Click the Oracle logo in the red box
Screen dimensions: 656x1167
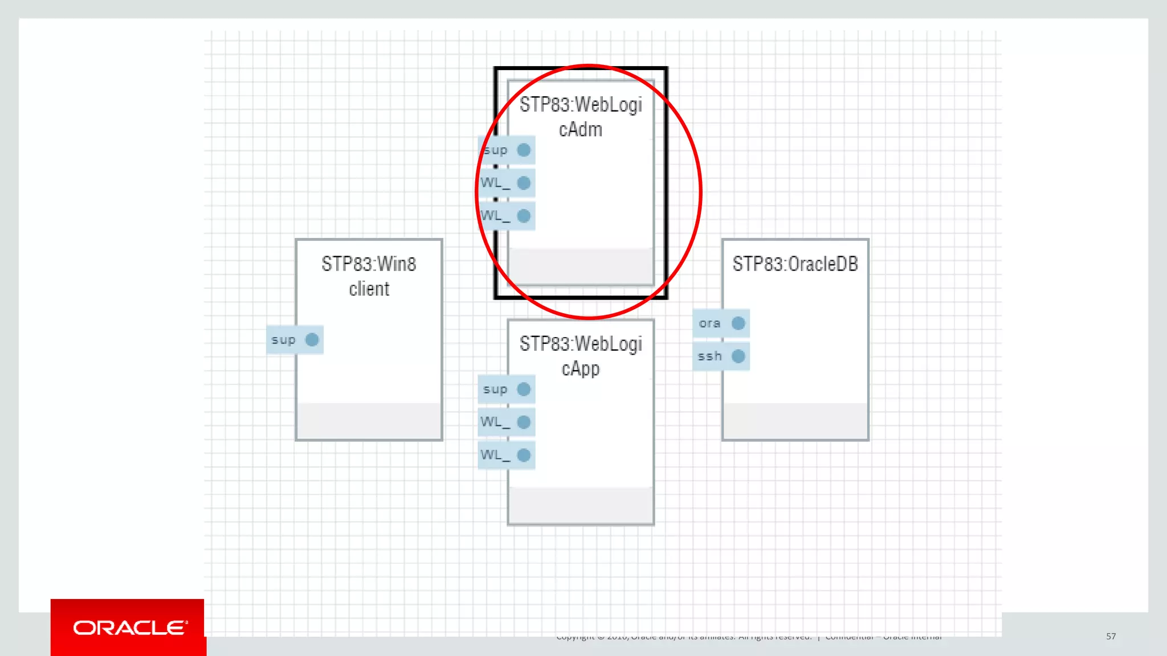pyautogui.click(x=130, y=628)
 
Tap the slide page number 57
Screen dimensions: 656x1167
pyautogui.click(x=1111, y=636)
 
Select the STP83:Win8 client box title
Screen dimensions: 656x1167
pyautogui.click(x=369, y=276)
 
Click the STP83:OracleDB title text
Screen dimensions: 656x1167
pyautogui.click(x=795, y=264)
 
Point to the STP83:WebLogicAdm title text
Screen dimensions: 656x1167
pyautogui.click(x=581, y=117)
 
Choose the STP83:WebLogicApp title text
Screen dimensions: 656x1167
pyautogui.click(x=581, y=356)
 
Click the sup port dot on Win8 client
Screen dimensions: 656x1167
pyautogui.click(x=312, y=340)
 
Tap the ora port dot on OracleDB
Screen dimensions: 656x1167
pyautogui.click(x=738, y=323)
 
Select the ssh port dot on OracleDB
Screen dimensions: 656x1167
pyautogui.click(x=738, y=356)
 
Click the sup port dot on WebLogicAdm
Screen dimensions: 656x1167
pyautogui.click(x=524, y=150)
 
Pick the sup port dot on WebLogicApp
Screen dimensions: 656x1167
pyautogui.click(x=524, y=389)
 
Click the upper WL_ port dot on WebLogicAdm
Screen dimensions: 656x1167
pyautogui.click(x=524, y=183)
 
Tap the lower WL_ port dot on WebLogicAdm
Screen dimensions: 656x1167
pyautogui.click(x=524, y=216)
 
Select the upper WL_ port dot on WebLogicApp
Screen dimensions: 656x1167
pyautogui.click(x=524, y=422)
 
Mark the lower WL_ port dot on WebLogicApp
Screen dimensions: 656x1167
pyautogui.click(x=524, y=455)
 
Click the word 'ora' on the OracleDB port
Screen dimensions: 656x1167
pyautogui.click(x=709, y=323)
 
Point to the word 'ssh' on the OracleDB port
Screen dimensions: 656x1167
pyautogui.click(x=709, y=356)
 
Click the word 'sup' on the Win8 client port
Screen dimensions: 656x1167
pyautogui.click(x=283, y=340)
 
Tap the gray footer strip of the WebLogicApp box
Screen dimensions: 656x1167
pyautogui.click(x=581, y=505)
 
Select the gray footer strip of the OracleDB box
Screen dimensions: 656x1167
pyautogui.click(x=795, y=421)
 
